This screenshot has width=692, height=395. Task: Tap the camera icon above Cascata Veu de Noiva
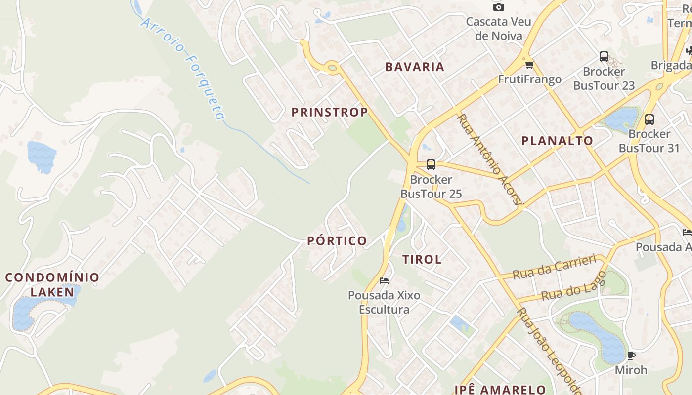(x=499, y=7)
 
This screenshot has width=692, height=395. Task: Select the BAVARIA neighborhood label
(x=415, y=67)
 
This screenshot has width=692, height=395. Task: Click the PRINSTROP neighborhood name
(x=330, y=112)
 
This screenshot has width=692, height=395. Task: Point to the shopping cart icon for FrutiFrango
(x=530, y=65)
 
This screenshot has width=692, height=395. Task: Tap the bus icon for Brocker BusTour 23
(x=604, y=57)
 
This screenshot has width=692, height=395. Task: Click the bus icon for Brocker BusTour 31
(x=649, y=119)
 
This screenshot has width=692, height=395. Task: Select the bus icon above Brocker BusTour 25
(x=431, y=165)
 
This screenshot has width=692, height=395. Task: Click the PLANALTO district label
(x=557, y=141)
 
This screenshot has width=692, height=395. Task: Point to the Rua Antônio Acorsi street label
(x=489, y=160)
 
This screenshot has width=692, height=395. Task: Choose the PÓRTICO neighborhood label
(x=337, y=241)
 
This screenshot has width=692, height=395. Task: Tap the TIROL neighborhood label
(x=422, y=259)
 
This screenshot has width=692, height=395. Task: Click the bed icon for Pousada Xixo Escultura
(x=384, y=281)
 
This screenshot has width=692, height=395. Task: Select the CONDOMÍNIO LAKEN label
(x=52, y=284)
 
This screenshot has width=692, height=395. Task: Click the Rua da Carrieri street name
(x=554, y=267)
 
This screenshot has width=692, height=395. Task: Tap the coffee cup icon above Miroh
(x=631, y=355)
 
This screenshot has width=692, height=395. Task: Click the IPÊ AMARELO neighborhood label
(x=500, y=390)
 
